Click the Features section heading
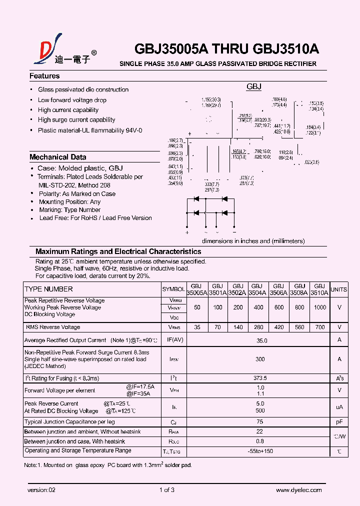(44, 76)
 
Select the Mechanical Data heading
(57, 157)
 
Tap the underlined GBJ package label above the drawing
(254, 87)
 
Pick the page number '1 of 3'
(166, 490)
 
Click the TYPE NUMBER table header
(48, 289)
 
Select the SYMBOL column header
(173, 289)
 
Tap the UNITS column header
(339, 289)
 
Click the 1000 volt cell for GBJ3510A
(320, 307)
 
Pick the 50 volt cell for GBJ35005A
(197, 307)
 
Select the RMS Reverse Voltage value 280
(258, 327)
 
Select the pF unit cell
(339, 422)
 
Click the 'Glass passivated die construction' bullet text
(83, 89)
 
